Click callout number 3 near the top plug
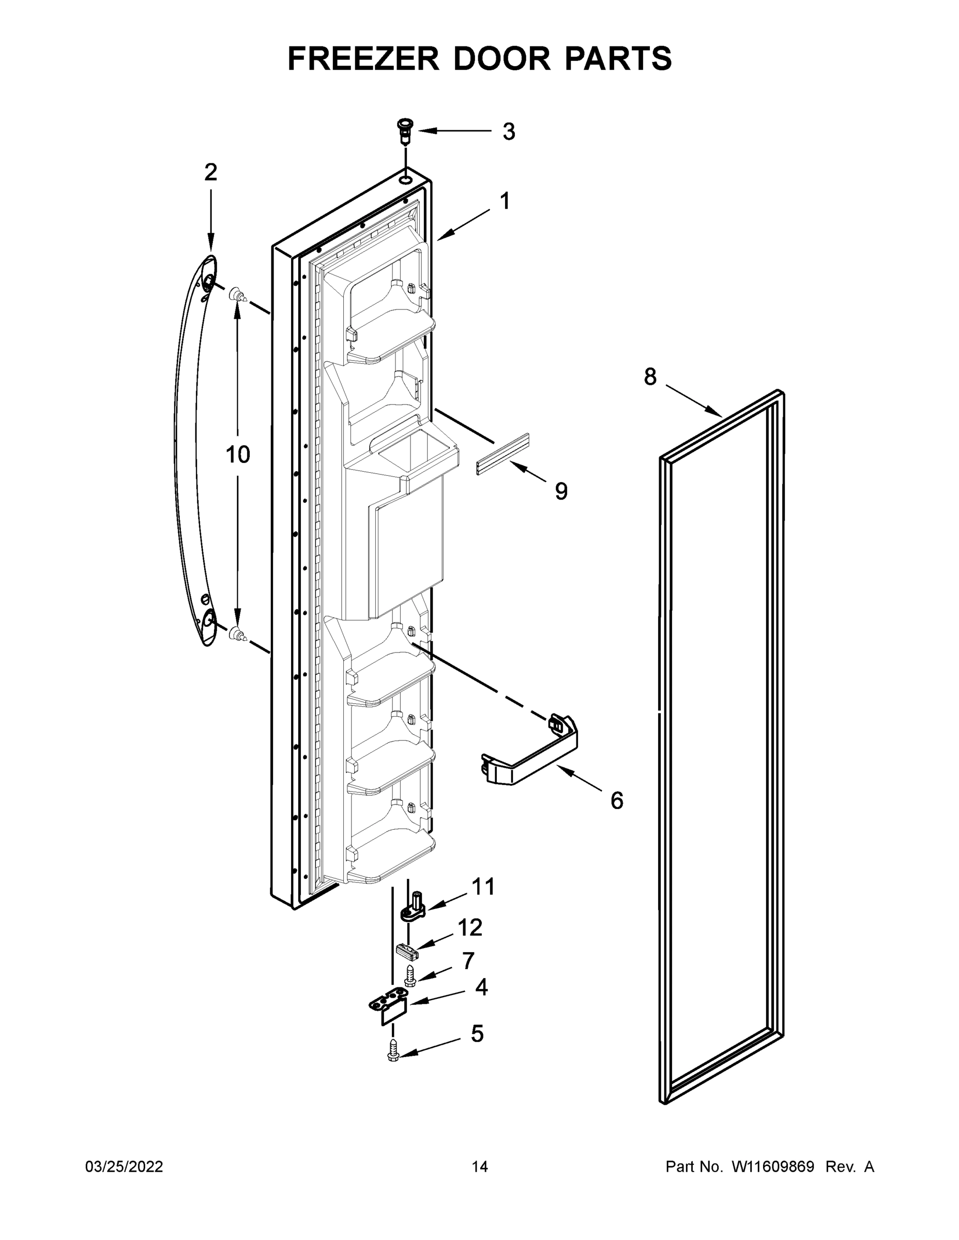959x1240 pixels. click(x=509, y=132)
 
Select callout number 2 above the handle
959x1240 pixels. click(x=211, y=172)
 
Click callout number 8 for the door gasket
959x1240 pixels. click(x=650, y=377)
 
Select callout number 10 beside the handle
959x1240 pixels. click(x=237, y=454)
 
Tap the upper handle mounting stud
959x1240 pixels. click(x=238, y=295)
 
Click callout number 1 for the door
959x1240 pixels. click(x=504, y=201)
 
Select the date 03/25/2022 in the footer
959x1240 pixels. click(x=124, y=1166)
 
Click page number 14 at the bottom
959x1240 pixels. click(x=480, y=1166)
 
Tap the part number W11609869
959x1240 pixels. click(x=773, y=1166)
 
